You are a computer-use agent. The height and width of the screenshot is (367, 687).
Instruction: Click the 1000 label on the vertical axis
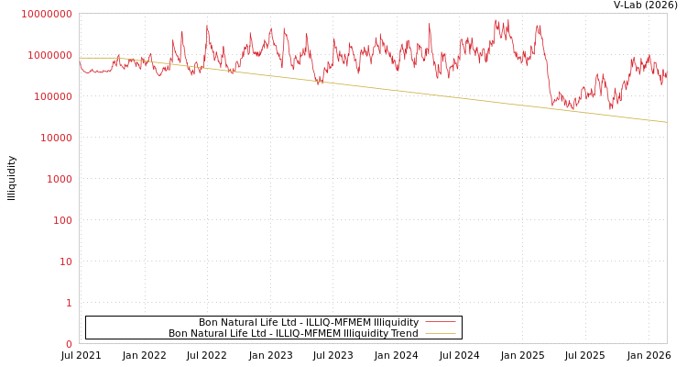(x=59, y=180)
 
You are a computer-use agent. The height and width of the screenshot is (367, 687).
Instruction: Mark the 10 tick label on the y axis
(x=65, y=262)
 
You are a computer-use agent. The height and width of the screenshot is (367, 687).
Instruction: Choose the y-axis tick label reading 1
(x=69, y=304)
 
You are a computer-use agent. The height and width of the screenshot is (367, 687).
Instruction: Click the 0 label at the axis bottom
(x=69, y=345)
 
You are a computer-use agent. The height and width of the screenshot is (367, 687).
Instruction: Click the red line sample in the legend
(x=440, y=322)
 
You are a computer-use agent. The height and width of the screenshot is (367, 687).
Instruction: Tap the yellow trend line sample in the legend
(x=440, y=334)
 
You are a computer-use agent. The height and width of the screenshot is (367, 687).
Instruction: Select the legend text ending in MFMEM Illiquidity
(x=309, y=322)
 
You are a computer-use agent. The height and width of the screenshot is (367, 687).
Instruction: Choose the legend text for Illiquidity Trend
(x=293, y=334)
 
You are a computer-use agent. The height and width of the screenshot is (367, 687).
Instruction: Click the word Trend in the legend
(x=404, y=334)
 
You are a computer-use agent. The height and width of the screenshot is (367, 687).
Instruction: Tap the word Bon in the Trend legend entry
(x=178, y=334)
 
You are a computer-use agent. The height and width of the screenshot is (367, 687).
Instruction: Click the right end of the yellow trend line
(x=666, y=122)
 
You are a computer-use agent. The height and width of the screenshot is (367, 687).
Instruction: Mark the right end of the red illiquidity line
(x=666, y=73)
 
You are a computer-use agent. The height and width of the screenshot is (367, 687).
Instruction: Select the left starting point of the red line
(x=80, y=62)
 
